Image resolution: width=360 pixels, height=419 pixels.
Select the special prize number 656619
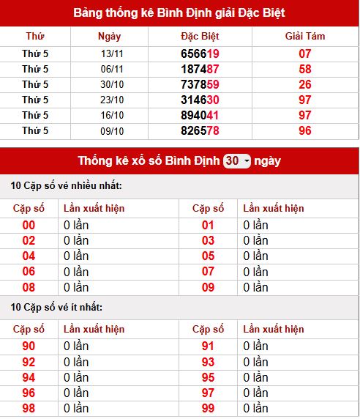[x=200, y=53]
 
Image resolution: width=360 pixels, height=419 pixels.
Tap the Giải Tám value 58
[x=305, y=69]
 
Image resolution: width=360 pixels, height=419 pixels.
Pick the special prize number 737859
[x=200, y=84]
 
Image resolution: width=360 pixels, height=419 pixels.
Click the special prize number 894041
[x=200, y=115]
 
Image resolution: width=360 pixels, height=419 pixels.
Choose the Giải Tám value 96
[x=305, y=130]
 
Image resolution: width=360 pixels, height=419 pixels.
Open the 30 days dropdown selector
[x=237, y=160]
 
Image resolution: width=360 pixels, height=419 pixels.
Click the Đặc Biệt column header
[x=200, y=36]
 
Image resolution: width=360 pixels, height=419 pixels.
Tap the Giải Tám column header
[x=305, y=36]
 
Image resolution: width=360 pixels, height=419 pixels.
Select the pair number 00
[x=29, y=225]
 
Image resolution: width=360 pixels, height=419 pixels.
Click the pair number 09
[x=208, y=287]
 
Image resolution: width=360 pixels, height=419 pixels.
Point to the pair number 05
[x=208, y=256]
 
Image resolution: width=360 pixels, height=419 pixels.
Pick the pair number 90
[x=29, y=346]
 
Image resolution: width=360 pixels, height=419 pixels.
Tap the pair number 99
[x=208, y=408]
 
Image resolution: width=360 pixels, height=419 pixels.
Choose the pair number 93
[x=208, y=361]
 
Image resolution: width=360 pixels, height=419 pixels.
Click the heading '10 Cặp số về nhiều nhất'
[x=66, y=186]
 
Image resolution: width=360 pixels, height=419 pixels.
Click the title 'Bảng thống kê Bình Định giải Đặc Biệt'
[x=179, y=12]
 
